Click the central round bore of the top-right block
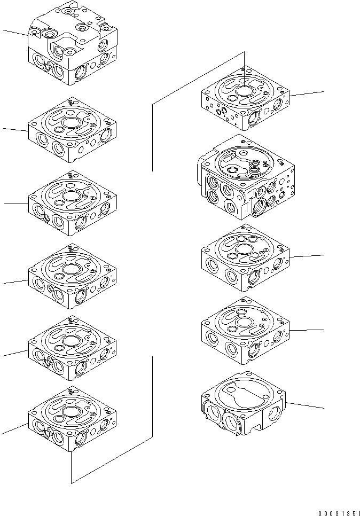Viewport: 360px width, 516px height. point(244,91)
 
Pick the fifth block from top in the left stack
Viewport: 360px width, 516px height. point(72,349)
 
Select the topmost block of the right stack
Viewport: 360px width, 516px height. point(245,98)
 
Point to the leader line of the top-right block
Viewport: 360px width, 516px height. point(307,94)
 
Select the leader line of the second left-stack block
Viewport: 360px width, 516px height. point(15,129)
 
